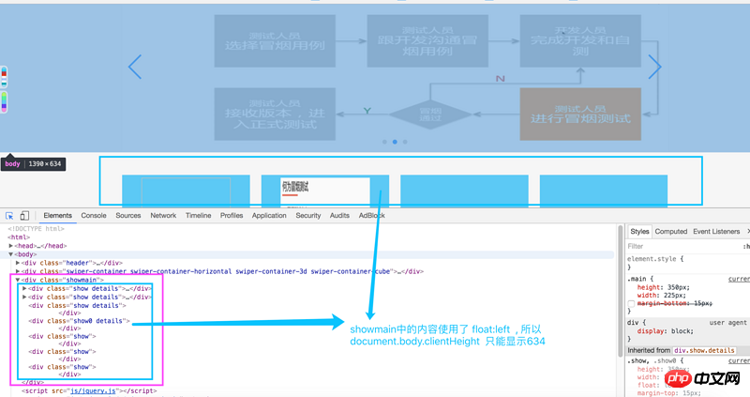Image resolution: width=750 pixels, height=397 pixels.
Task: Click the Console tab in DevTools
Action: point(94,216)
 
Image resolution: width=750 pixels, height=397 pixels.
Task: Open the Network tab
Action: point(163,216)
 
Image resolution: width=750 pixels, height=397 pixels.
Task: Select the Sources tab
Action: point(128,216)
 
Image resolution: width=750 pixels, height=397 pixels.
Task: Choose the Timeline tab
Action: point(198,216)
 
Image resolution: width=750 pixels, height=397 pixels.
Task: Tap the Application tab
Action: point(269,216)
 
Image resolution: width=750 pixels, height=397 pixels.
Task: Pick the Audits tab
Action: point(339,216)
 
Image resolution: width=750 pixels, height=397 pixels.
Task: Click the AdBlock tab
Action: point(372,216)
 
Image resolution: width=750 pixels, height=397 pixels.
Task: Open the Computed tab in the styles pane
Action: point(671,231)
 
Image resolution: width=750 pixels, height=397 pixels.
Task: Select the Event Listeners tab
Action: point(716,231)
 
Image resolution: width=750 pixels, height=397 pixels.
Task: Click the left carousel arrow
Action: point(135,67)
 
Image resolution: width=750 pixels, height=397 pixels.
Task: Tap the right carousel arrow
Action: point(655,67)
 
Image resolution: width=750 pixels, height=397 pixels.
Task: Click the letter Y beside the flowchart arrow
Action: point(367,112)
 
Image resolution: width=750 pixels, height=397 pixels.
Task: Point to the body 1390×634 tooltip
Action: point(32,163)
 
